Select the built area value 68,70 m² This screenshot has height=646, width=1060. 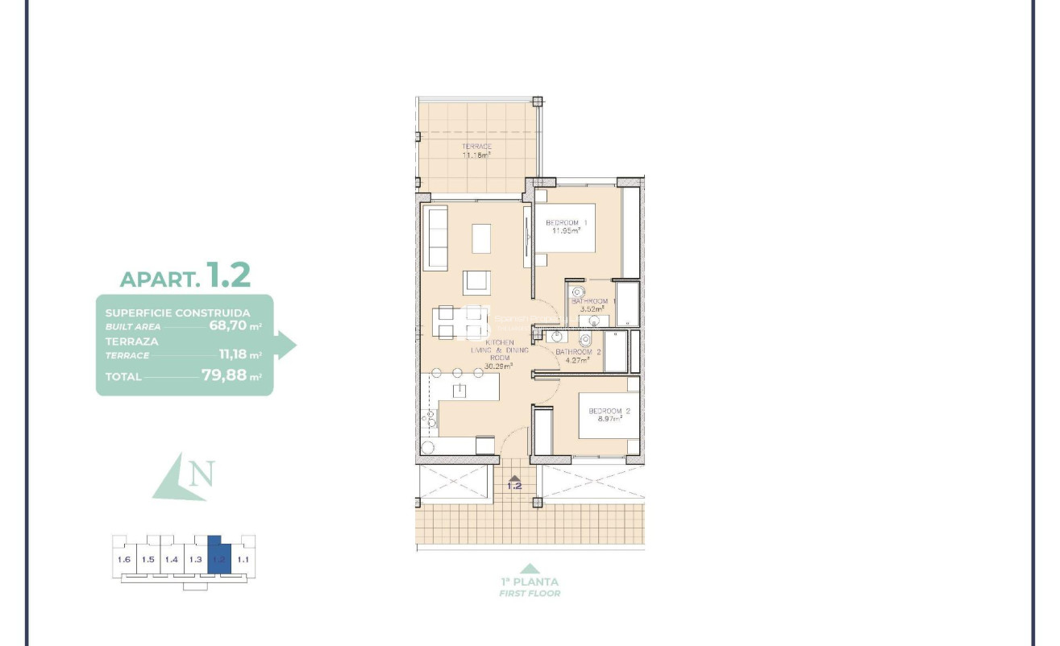pos(235,326)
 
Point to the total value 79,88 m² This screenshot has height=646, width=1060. pos(231,376)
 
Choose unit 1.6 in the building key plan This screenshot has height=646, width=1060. pos(124,560)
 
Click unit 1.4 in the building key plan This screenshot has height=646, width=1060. pos(172,560)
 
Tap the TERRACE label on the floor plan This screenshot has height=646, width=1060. pos(476,147)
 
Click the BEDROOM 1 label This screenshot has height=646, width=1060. pos(567,222)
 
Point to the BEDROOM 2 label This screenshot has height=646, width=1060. pos(609,411)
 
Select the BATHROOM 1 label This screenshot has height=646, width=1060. pos(593,301)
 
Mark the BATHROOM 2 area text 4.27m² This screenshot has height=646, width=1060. pos(576,360)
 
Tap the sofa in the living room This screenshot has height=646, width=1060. pos(436,238)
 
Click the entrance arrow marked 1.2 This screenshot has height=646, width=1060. pos(513,482)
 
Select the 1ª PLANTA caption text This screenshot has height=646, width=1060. pos(529,582)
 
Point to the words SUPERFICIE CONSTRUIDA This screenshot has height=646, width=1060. pos(177,313)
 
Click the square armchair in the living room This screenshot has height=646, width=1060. pos(476,283)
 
